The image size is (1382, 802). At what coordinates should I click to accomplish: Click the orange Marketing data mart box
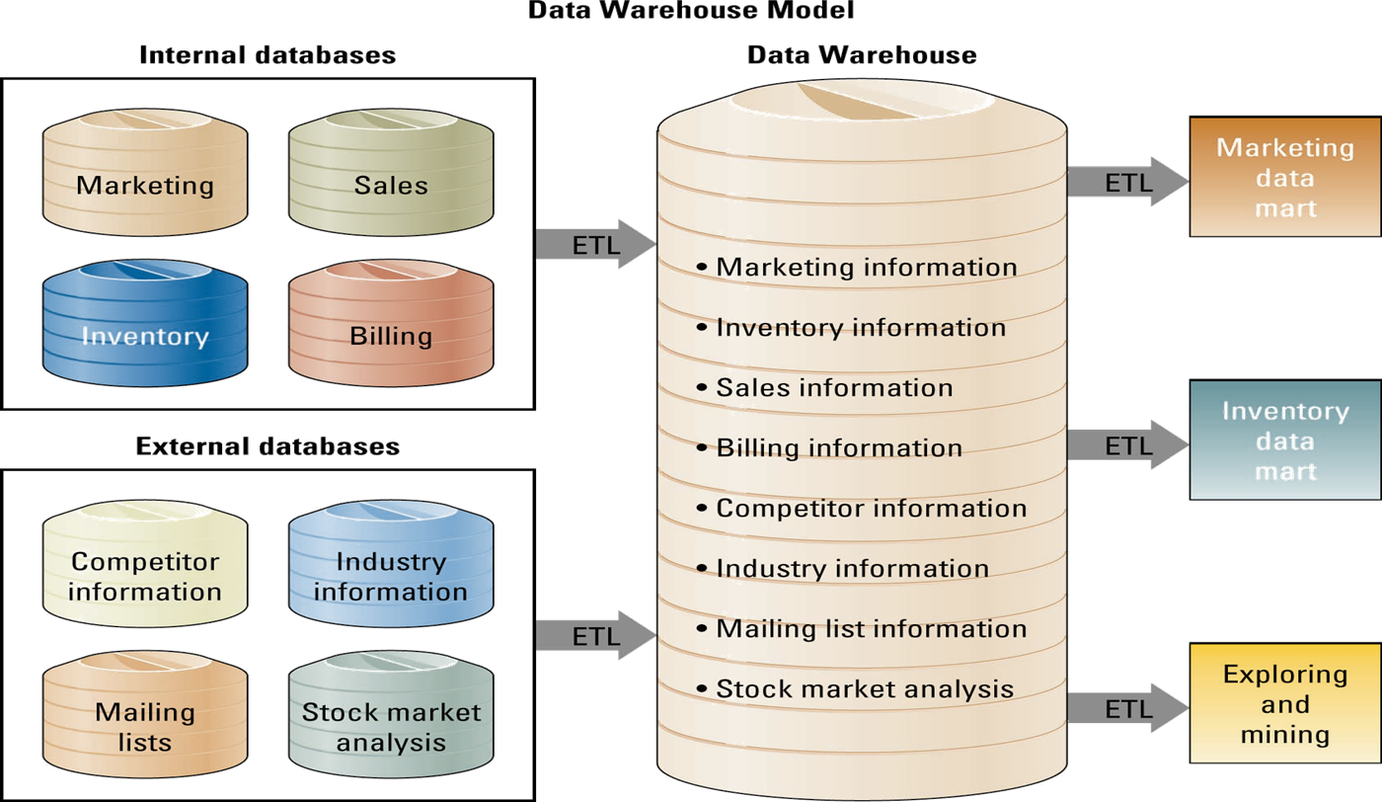[1284, 178]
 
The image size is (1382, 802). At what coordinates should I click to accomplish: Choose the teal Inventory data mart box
[1284, 441]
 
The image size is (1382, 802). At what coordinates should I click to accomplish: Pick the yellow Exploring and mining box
[1284, 704]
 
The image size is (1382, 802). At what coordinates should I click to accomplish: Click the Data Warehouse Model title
[691, 11]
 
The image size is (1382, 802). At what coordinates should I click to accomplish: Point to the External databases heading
[268, 446]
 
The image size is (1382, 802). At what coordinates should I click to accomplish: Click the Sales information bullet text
[834, 387]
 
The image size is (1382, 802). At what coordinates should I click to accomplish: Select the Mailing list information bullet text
[871, 628]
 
